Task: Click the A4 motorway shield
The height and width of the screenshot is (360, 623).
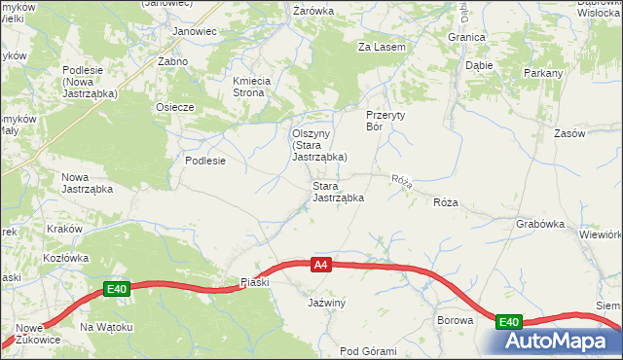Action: pos(322,264)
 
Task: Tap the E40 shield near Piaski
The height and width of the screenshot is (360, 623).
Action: pos(117,289)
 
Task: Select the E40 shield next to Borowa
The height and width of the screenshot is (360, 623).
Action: pos(509,321)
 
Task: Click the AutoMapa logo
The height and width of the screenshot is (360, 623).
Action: pos(558,342)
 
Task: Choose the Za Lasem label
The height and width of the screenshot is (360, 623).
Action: pos(382,47)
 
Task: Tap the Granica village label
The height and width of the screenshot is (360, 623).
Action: pos(466,37)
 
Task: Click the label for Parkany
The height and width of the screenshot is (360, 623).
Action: pos(543,73)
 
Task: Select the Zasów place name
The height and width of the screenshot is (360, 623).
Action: pos(568,133)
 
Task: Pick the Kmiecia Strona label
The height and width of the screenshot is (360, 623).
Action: pos(256,87)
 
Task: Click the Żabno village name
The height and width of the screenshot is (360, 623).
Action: pos(172,60)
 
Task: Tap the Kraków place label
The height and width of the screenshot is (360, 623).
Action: pos(64,229)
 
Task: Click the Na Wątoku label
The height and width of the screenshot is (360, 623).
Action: pos(106,327)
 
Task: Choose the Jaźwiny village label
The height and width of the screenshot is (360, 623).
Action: pos(327,304)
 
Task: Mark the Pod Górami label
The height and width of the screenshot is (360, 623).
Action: pos(368,351)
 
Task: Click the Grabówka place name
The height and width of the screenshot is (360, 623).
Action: pos(541,223)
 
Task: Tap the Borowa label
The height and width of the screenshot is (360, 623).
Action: pos(455,320)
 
